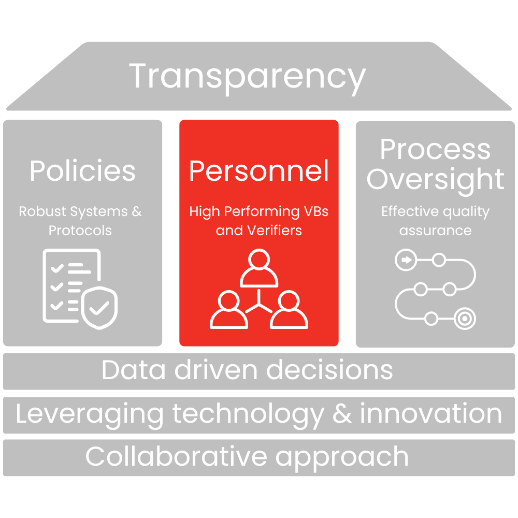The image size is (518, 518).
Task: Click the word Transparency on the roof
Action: coord(247,77)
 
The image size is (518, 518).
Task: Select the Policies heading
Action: coord(82,171)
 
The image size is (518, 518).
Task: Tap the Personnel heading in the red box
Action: coord(259,171)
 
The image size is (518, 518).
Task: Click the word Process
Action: coord(435,150)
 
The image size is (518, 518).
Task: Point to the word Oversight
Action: coord(435,180)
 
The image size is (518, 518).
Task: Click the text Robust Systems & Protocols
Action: coord(80,221)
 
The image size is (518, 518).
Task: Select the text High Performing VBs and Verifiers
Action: coord(259,221)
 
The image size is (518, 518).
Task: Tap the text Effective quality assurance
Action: coord(435,221)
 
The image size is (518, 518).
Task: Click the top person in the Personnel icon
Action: coord(260,268)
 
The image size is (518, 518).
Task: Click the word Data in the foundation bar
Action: coord(133,370)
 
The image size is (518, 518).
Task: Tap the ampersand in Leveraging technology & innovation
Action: coord(343,414)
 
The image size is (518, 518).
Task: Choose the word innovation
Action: coord(430,414)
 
